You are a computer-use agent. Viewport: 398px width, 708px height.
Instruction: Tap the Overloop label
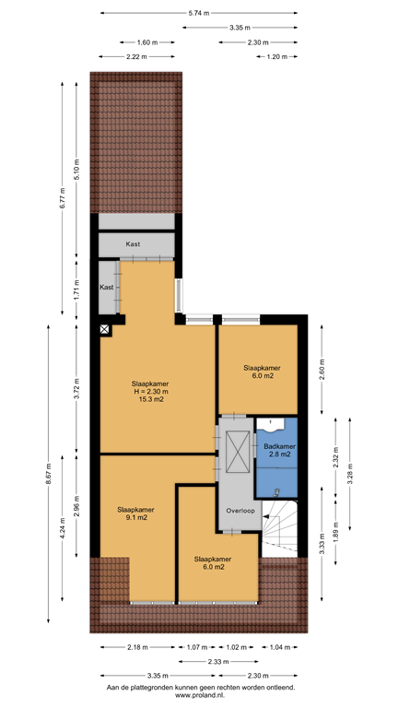pyautogui.click(x=239, y=512)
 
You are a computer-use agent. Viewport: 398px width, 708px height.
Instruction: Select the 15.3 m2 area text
pyautogui.click(x=150, y=399)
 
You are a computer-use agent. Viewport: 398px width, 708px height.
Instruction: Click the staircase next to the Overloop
pyautogui.click(x=280, y=528)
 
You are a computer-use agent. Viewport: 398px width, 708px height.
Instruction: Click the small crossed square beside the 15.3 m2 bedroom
pyautogui.click(x=105, y=329)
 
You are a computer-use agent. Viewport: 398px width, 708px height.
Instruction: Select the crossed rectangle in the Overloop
pyautogui.click(x=237, y=453)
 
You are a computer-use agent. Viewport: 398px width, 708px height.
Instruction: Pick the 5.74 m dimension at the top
pyautogui.click(x=198, y=13)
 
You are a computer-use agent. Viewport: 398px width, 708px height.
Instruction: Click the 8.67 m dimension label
pyautogui.click(x=50, y=473)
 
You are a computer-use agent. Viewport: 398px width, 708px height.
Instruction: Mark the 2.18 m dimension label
pyautogui.click(x=136, y=648)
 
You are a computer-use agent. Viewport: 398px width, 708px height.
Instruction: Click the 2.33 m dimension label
pyautogui.click(x=217, y=662)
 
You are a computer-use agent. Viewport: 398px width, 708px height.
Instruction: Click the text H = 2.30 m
pyautogui.click(x=150, y=391)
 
